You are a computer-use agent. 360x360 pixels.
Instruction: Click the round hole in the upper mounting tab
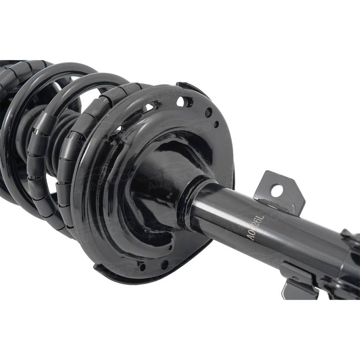click(277, 190)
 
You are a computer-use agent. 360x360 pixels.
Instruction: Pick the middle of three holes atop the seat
click(208, 112)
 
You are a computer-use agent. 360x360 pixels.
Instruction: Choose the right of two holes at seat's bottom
click(164, 265)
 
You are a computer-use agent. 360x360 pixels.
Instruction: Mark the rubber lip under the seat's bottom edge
click(112, 274)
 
